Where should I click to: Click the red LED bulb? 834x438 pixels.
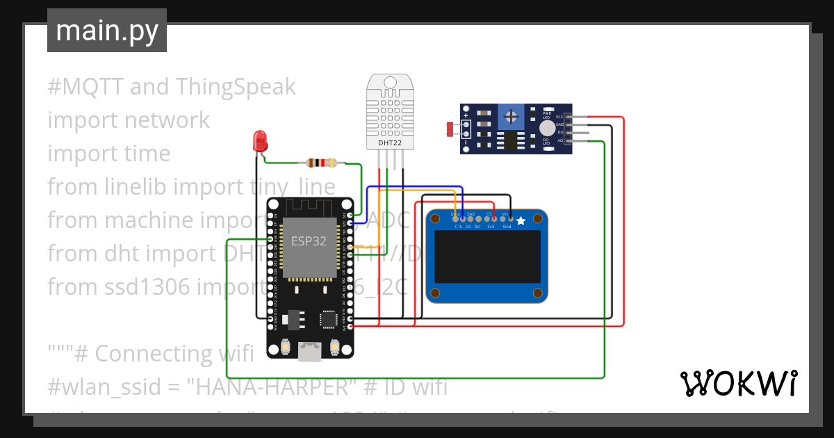coord(261,140)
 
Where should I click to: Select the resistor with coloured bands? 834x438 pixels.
coord(321,163)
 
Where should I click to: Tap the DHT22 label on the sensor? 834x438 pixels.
coord(389,143)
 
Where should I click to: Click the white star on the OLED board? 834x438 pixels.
coord(521,220)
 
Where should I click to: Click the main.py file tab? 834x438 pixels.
coord(106,31)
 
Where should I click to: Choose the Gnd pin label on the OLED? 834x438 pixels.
coord(507,227)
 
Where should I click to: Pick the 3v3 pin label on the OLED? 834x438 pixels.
coord(490,227)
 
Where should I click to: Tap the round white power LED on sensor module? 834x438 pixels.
coord(548,127)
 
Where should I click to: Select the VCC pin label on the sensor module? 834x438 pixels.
coord(559,117)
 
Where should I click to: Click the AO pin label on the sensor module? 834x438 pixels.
coord(559,141)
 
